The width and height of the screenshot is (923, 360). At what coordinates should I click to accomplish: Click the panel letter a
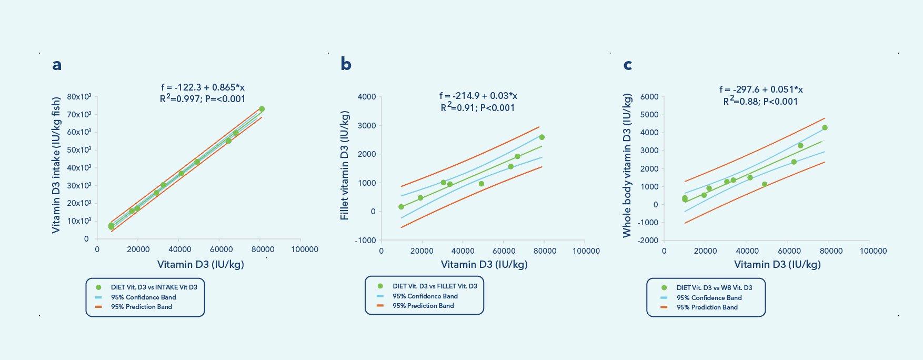[57, 65]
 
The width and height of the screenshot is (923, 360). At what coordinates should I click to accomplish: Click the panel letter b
[346, 64]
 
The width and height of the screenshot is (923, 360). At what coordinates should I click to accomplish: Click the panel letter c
[627, 65]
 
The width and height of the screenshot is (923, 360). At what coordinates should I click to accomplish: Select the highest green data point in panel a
[262, 109]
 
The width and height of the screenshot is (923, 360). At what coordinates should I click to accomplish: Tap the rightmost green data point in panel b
[541, 137]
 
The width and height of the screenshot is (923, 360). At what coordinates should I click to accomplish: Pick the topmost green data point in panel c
[825, 128]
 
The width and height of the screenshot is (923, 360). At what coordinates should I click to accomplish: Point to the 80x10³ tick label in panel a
[79, 97]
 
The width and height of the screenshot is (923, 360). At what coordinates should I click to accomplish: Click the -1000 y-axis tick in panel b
[365, 241]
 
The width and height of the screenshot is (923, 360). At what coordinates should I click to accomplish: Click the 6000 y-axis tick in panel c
[649, 97]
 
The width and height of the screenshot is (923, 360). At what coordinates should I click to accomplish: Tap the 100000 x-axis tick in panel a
[304, 249]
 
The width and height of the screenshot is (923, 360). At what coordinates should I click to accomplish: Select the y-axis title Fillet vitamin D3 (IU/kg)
[345, 165]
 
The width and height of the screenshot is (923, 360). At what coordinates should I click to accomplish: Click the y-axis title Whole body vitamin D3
[627, 165]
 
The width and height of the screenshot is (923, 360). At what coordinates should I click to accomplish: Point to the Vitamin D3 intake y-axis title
[56, 165]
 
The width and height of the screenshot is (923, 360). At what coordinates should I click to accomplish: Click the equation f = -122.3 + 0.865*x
[203, 87]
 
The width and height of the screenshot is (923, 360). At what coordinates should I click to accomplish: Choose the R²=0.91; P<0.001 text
[478, 108]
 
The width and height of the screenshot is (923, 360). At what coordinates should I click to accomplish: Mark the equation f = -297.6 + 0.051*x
[761, 89]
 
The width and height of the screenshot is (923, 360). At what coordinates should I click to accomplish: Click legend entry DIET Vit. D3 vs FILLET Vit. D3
[435, 286]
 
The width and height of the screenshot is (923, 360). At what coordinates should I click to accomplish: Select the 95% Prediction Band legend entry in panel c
[707, 307]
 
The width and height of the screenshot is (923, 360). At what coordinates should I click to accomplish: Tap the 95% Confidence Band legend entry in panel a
[143, 297]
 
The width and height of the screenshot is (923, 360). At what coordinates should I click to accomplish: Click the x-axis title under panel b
[484, 264]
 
